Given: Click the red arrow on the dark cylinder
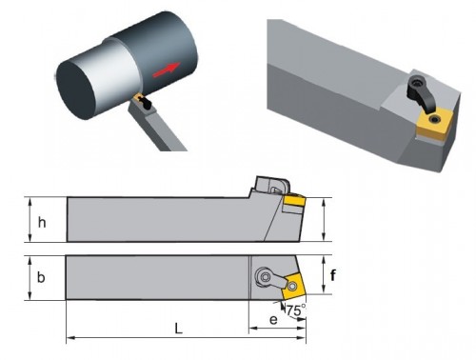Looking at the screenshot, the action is [x=167, y=70].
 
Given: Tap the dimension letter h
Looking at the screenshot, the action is [x=42, y=223].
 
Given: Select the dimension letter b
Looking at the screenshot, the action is [x=41, y=277].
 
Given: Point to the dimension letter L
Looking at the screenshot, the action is [x=179, y=329].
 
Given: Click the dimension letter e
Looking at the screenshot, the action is [x=273, y=320].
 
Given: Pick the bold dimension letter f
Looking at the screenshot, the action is [x=332, y=275].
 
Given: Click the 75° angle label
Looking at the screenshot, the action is [x=296, y=310].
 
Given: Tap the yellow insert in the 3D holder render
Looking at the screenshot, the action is [x=435, y=123].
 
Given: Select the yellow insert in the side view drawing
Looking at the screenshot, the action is [x=295, y=201].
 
